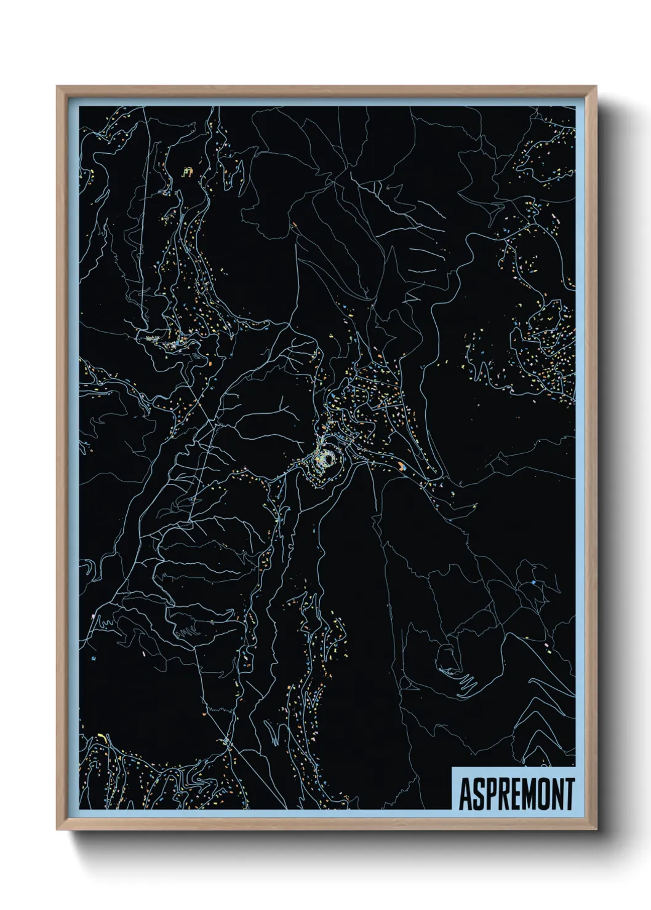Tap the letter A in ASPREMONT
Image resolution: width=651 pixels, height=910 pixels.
466,794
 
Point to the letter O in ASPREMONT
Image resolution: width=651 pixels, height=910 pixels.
540,794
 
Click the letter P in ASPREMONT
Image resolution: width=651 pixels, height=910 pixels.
489,794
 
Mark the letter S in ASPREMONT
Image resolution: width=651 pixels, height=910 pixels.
477,794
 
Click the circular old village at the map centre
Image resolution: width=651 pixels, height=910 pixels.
326,459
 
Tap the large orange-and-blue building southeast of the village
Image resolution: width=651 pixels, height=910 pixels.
401,466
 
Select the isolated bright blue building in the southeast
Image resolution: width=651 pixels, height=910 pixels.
533,582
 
